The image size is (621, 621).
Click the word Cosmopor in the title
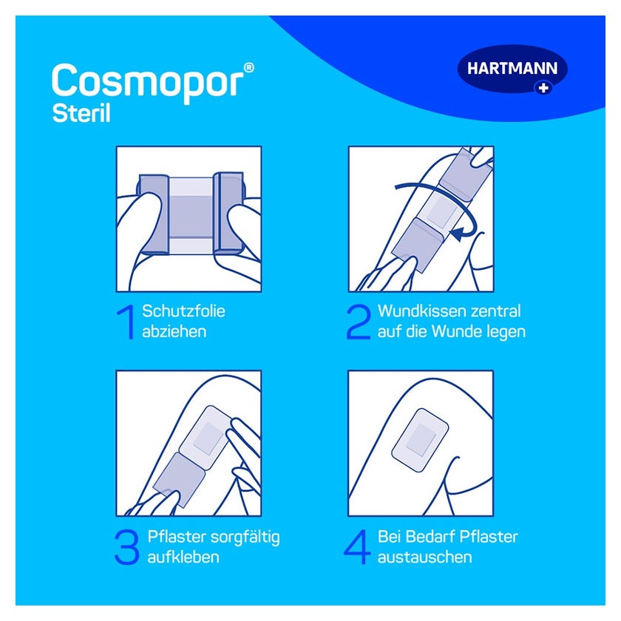click(147, 83)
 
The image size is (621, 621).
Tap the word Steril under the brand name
click(81, 113)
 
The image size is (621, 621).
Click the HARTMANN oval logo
click(512, 69)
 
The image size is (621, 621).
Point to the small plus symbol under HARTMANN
click(543, 87)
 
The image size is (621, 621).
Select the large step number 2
click(359, 322)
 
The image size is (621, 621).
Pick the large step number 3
click(126, 547)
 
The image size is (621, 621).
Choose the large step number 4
click(357, 547)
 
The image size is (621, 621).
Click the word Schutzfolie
click(183, 311)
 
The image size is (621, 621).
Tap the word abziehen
click(174, 331)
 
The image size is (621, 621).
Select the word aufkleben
click(183, 557)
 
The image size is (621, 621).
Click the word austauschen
click(425, 557)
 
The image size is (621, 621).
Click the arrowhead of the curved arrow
click(457, 234)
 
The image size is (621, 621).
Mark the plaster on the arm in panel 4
click(420, 440)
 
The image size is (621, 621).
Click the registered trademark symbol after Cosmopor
click(248, 68)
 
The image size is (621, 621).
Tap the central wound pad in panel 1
click(191, 216)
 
